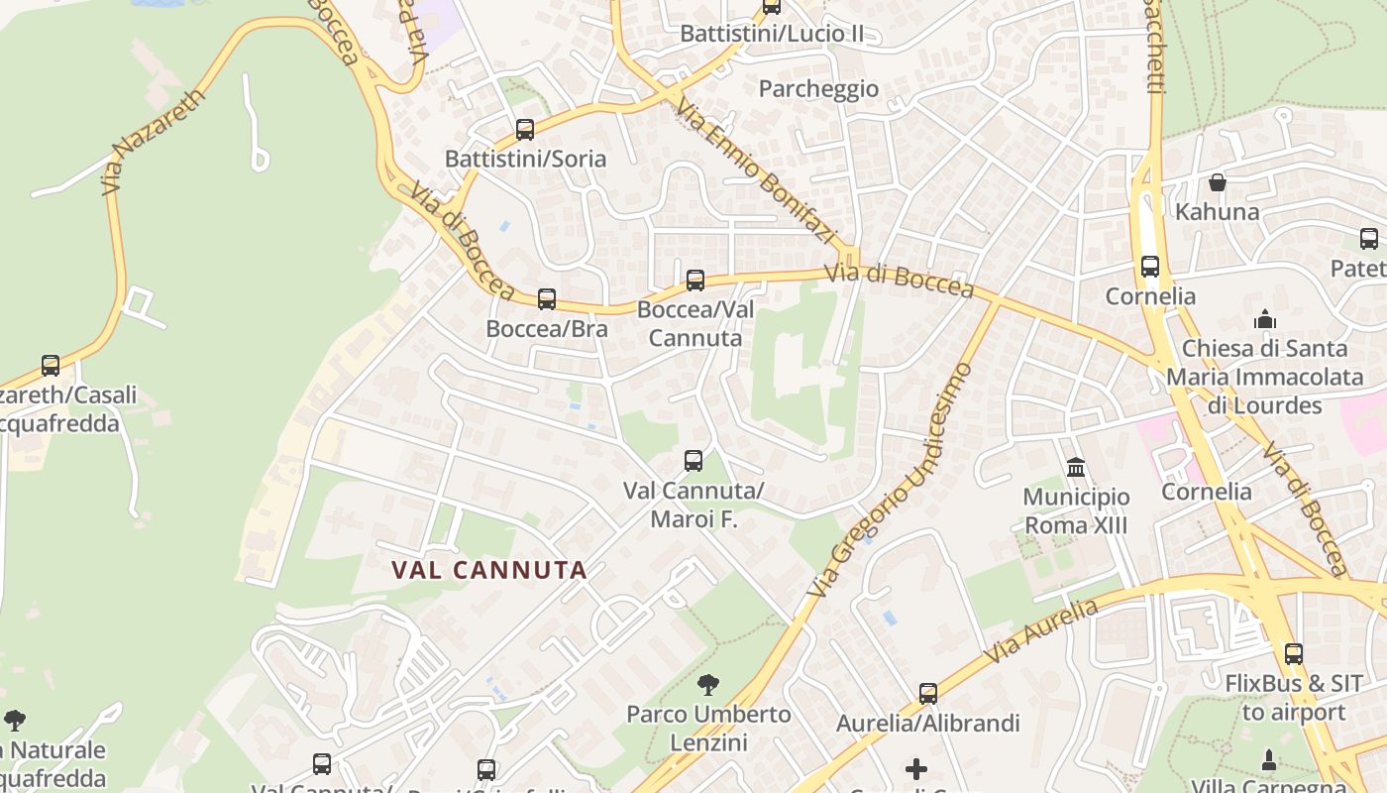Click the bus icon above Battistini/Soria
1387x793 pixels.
click(x=525, y=130)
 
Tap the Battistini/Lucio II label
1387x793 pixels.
click(x=771, y=34)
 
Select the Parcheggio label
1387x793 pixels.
click(x=818, y=89)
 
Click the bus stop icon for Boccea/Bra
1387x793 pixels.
click(x=547, y=299)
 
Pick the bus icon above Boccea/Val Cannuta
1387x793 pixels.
click(x=695, y=281)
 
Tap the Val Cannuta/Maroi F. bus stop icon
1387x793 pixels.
click(x=693, y=461)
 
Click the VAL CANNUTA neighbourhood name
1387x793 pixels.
click(x=489, y=570)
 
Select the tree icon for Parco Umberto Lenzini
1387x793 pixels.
click(x=708, y=684)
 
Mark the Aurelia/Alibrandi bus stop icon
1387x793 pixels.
click(x=928, y=694)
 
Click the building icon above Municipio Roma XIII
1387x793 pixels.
click(x=1076, y=467)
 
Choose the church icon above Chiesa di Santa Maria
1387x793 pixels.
click(x=1265, y=319)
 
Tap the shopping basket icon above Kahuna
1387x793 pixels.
click(x=1218, y=182)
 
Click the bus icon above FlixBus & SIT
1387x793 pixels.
click(x=1294, y=654)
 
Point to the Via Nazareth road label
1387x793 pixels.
click(x=153, y=143)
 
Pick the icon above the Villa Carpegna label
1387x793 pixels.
click(x=1269, y=760)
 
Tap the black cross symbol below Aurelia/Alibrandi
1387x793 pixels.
click(x=916, y=769)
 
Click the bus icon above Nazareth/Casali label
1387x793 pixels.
click(x=51, y=366)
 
